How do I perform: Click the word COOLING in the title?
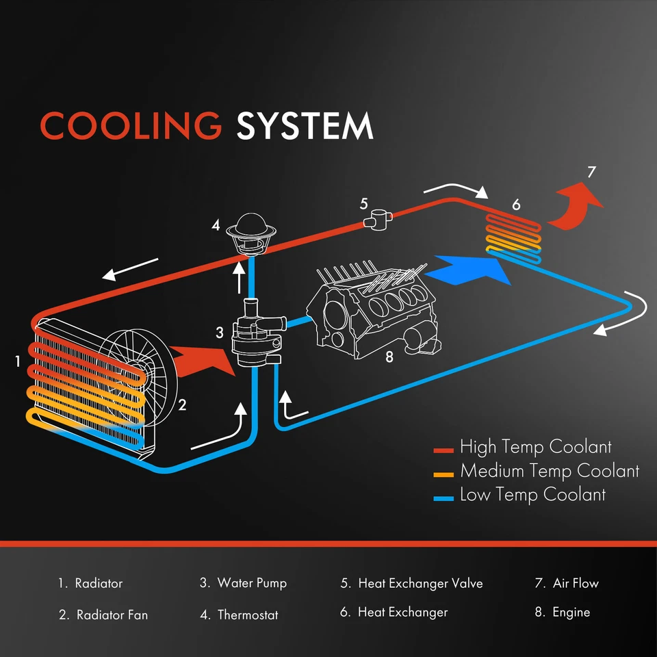point(131,126)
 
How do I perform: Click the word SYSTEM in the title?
point(305,126)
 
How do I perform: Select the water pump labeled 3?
point(255,335)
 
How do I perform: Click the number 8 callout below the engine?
point(389,357)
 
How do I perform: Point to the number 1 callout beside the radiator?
point(18,361)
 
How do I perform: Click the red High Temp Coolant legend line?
point(444,450)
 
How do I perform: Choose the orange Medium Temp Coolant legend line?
point(444,474)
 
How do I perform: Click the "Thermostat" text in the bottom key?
point(248,615)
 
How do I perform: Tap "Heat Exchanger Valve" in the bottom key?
point(420,584)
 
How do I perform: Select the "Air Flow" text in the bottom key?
point(576,584)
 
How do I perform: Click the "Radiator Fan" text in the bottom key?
point(112,615)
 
